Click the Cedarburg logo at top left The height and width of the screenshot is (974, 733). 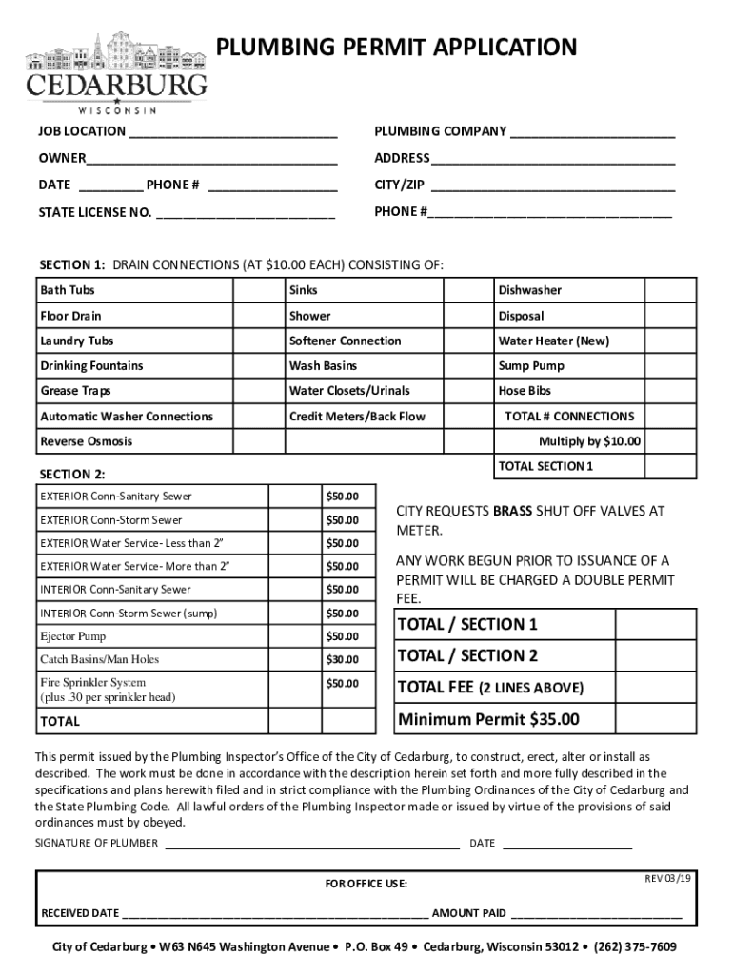click(116, 72)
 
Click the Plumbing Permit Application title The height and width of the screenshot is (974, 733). click(398, 47)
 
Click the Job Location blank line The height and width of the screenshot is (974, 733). click(233, 133)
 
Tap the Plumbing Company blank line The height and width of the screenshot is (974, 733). click(592, 133)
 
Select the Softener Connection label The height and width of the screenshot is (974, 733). click(345, 341)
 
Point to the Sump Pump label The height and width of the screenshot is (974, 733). click(530, 366)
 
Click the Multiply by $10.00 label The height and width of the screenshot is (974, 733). click(589, 441)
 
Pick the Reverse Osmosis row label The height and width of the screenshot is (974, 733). click(87, 441)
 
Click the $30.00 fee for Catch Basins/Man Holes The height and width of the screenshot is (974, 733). click(342, 660)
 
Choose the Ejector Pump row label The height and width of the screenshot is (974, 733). click(73, 636)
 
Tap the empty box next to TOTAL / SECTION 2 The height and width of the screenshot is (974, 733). click(656, 655)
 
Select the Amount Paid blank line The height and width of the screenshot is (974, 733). click(596, 913)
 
